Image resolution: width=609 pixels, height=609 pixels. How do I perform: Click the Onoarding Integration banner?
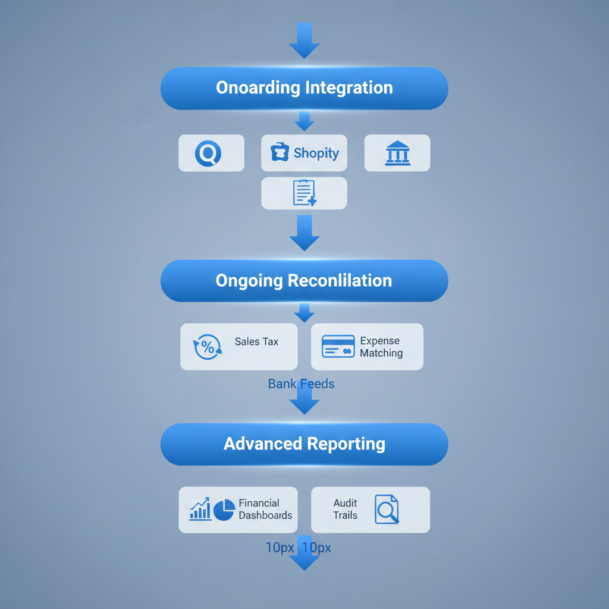(304, 88)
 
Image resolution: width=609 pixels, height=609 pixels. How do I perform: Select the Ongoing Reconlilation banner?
(304, 280)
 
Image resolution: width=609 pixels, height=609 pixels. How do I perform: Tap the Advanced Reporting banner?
(304, 444)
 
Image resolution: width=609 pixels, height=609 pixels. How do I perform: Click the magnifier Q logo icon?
(208, 153)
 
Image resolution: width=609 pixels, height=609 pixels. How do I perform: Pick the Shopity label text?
(316, 153)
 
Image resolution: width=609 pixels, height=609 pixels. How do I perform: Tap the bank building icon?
(397, 153)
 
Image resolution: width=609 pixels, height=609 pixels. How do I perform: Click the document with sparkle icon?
(304, 193)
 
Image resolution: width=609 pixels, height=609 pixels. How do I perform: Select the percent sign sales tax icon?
(208, 347)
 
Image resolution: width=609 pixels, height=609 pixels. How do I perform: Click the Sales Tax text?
(256, 341)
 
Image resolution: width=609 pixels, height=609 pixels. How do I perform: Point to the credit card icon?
(338, 346)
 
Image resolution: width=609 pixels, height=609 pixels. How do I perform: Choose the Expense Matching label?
(381, 347)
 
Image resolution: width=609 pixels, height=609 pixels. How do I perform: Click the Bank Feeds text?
(301, 384)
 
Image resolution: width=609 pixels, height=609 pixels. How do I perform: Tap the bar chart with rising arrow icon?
(200, 509)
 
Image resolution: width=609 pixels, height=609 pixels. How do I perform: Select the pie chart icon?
(224, 510)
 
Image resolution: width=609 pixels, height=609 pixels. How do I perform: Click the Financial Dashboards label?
(265, 509)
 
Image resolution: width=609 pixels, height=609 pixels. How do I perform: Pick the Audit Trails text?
(346, 509)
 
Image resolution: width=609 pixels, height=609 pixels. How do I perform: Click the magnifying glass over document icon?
(387, 510)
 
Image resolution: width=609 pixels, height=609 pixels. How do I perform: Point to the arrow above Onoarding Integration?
(304, 40)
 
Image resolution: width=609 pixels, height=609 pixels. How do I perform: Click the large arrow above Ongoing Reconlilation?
(304, 233)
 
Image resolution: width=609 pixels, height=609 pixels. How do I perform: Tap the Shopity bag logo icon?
(279, 152)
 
